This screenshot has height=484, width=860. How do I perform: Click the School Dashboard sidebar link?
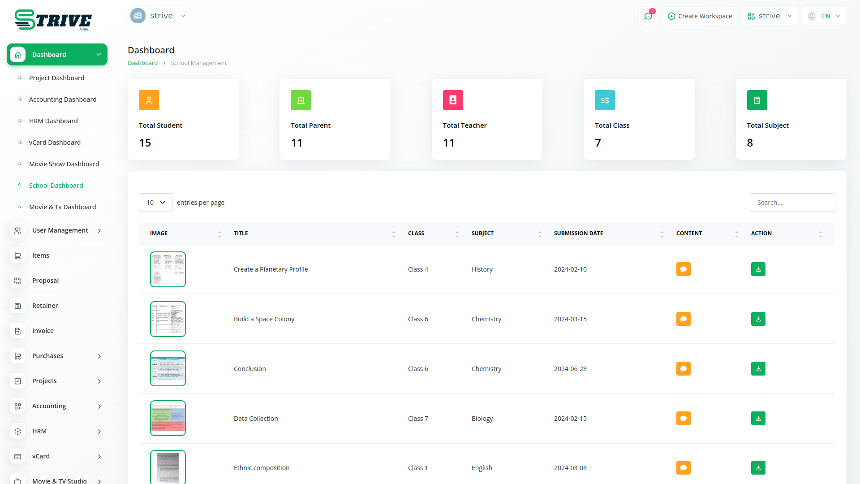[x=56, y=186]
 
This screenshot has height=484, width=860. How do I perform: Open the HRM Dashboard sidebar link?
[x=53, y=121]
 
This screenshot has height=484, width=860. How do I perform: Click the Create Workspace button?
[x=700, y=16]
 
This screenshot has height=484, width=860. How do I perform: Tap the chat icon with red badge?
[x=648, y=16]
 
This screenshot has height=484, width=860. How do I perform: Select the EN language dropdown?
[x=825, y=16]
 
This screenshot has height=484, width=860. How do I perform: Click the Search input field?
[x=792, y=203]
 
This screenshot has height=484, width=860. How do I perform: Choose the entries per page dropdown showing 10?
[x=155, y=203]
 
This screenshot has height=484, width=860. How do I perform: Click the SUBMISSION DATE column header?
[x=578, y=233]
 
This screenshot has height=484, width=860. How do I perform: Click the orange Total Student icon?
[x=149, y=100]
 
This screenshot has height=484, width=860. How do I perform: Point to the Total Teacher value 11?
[x=449, y=143]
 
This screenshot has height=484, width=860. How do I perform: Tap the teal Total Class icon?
[x=605, y=100]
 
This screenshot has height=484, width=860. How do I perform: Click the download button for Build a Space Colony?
[x=758, y=319]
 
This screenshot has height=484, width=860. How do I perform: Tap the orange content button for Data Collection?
[x=683, y=419]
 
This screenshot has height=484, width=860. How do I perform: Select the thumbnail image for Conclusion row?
[x=168, y=368]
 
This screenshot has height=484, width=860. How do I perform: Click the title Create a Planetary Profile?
[x=271, y=269]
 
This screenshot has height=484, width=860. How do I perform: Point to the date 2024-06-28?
[x=570, y=369]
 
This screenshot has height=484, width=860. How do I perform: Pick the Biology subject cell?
[x=482, y=419]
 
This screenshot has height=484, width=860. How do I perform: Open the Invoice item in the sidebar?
[x=43, y=331]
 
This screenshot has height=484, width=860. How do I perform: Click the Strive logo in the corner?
[x=53, y=20]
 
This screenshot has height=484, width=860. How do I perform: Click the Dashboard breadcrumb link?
[x=142, y=63]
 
